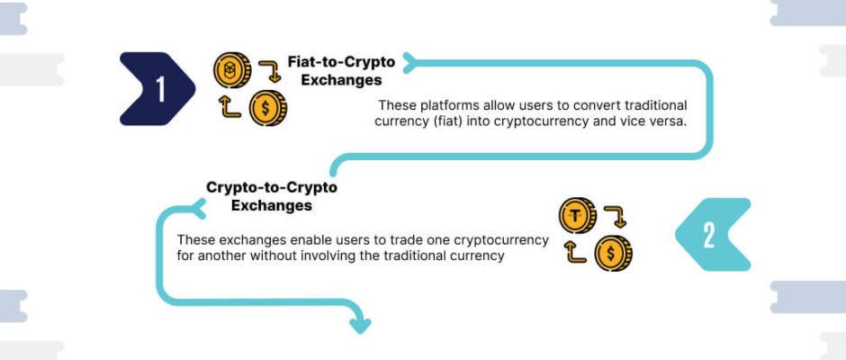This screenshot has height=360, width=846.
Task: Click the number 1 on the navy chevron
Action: [161, 89]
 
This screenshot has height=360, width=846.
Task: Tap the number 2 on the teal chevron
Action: [709, 235]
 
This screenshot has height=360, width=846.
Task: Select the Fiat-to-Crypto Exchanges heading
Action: [341, 71]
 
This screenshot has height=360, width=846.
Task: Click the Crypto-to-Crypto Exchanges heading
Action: [272, 196]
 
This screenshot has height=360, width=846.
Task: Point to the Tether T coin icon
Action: [577, 216]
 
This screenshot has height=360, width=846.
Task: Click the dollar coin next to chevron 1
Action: [267, 109]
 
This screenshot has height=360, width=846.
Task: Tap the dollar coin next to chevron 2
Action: [614, 253]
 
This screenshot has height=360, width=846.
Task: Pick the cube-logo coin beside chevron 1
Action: [232, 70]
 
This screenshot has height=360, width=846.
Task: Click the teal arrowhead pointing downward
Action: [360, 326]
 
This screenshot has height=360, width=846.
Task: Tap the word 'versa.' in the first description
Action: [670, 121]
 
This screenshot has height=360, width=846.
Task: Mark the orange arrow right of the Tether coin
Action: [616, 216]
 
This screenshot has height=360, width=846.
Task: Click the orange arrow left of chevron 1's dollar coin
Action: [229, 106]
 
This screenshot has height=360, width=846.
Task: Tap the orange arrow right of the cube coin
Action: [270, 71]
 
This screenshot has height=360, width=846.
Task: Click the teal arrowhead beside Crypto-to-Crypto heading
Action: [198, 208]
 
